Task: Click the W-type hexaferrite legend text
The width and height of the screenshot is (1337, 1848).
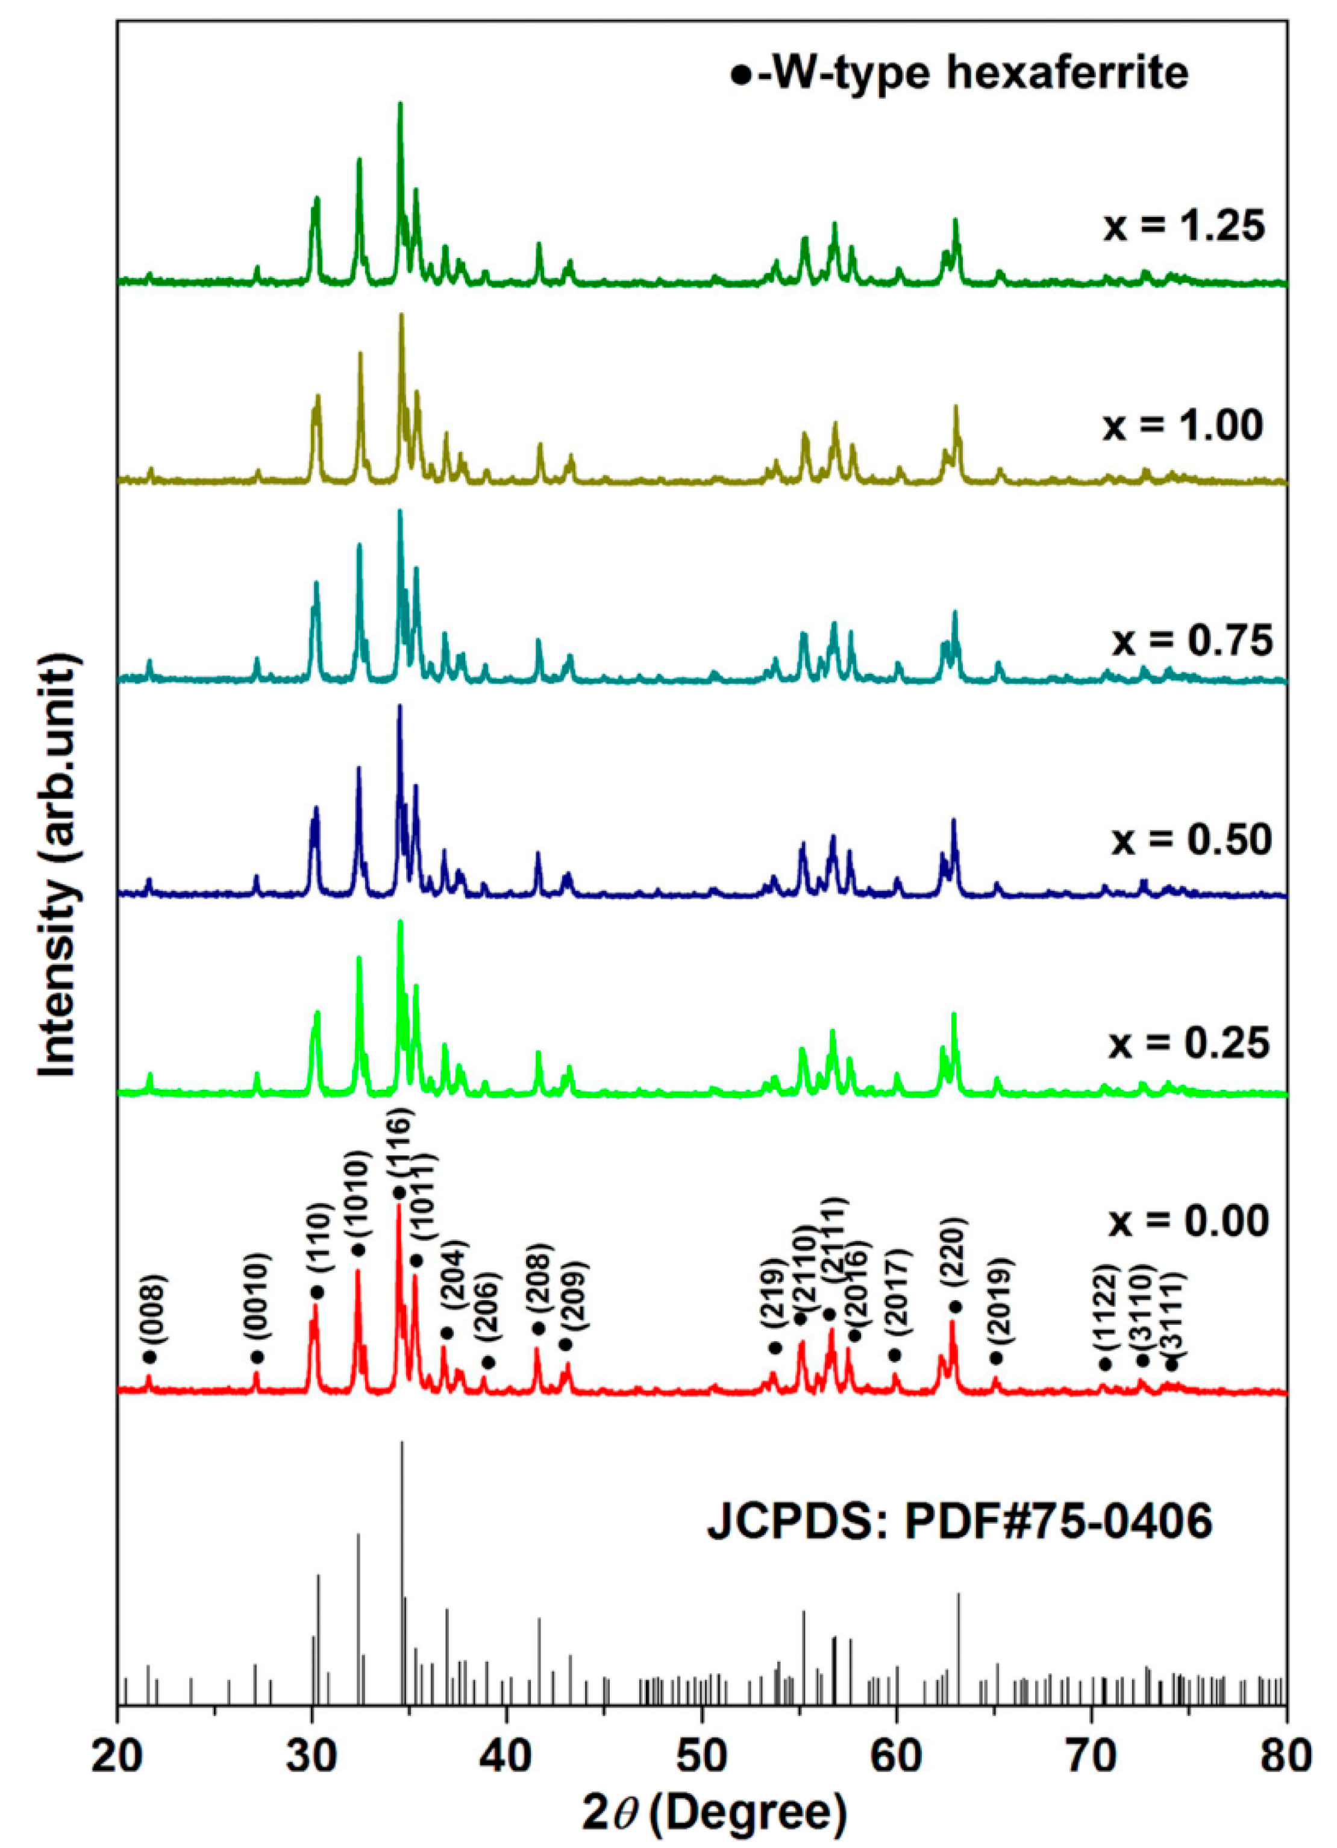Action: pos(960,74)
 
